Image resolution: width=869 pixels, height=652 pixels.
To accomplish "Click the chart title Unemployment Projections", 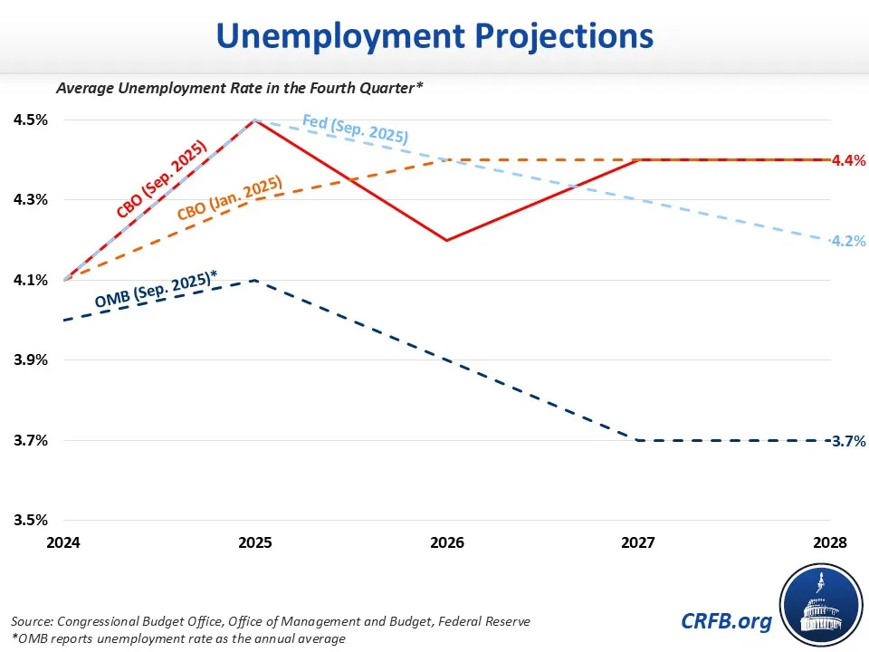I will click(434, 35).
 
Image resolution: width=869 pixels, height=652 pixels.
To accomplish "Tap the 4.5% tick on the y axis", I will click(30, 120).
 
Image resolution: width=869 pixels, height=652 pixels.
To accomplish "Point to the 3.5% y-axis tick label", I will click(30, 521).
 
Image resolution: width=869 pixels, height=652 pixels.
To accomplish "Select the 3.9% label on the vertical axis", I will click(30, 360).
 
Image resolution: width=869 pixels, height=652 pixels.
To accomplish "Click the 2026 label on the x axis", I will click(447, 542).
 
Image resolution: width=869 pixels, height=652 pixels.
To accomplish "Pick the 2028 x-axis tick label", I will click(830, 542).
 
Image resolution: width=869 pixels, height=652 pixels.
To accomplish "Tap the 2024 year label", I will click(64, 542).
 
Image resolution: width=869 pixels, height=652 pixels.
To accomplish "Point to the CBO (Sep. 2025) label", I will click(161, 180).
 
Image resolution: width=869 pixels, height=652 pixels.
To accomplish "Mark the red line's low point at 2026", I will click(447, 240).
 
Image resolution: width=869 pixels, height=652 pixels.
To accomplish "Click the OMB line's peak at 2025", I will click(256, 280).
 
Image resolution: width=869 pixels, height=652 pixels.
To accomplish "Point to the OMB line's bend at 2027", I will click(639, 440).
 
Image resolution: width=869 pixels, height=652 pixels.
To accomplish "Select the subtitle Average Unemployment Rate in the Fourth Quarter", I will click(240, 88).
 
